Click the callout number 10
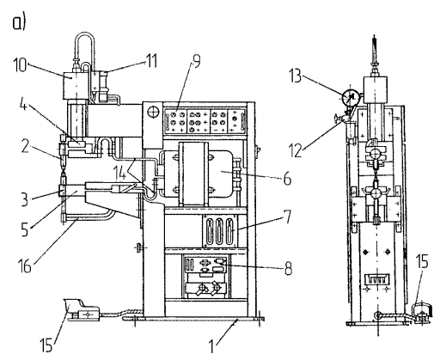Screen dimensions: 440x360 point(20,65)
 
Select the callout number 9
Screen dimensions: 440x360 point(197,62)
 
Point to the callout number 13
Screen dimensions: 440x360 point(295,76)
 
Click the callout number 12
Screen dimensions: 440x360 point(296,150)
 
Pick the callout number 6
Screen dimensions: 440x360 point(287,179)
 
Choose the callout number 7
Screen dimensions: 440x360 point(287,217)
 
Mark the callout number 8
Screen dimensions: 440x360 point(288,269)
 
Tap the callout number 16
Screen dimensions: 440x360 point(25,265)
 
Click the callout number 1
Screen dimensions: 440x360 point(211,346)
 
